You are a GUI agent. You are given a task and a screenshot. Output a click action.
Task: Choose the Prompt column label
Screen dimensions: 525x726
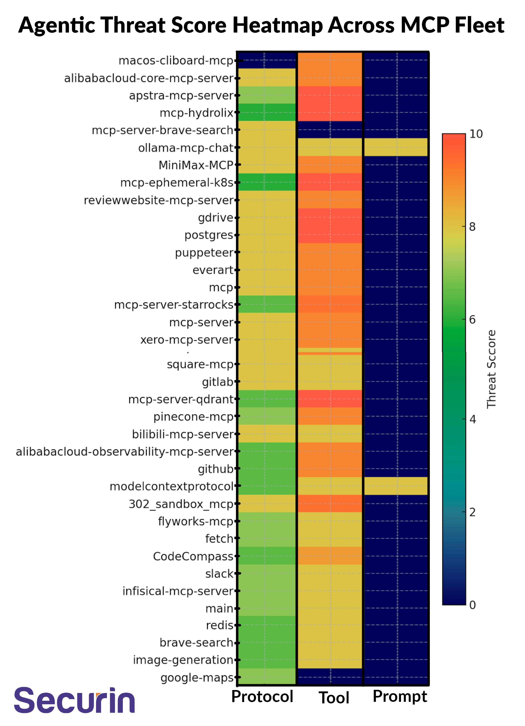(x=400, y=697)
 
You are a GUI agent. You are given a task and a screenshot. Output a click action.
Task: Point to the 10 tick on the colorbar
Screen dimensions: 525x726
(x=476, y=134)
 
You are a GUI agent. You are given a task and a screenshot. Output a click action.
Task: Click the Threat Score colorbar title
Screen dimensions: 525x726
(x=491, y=369)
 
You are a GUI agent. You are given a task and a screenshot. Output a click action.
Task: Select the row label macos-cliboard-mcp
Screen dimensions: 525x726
(x=176, y=61)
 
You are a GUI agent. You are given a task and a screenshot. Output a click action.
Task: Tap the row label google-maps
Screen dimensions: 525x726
(x=197, y=678)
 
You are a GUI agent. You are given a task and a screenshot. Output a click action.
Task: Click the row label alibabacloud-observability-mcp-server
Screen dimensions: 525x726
(x=125, y=452)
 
